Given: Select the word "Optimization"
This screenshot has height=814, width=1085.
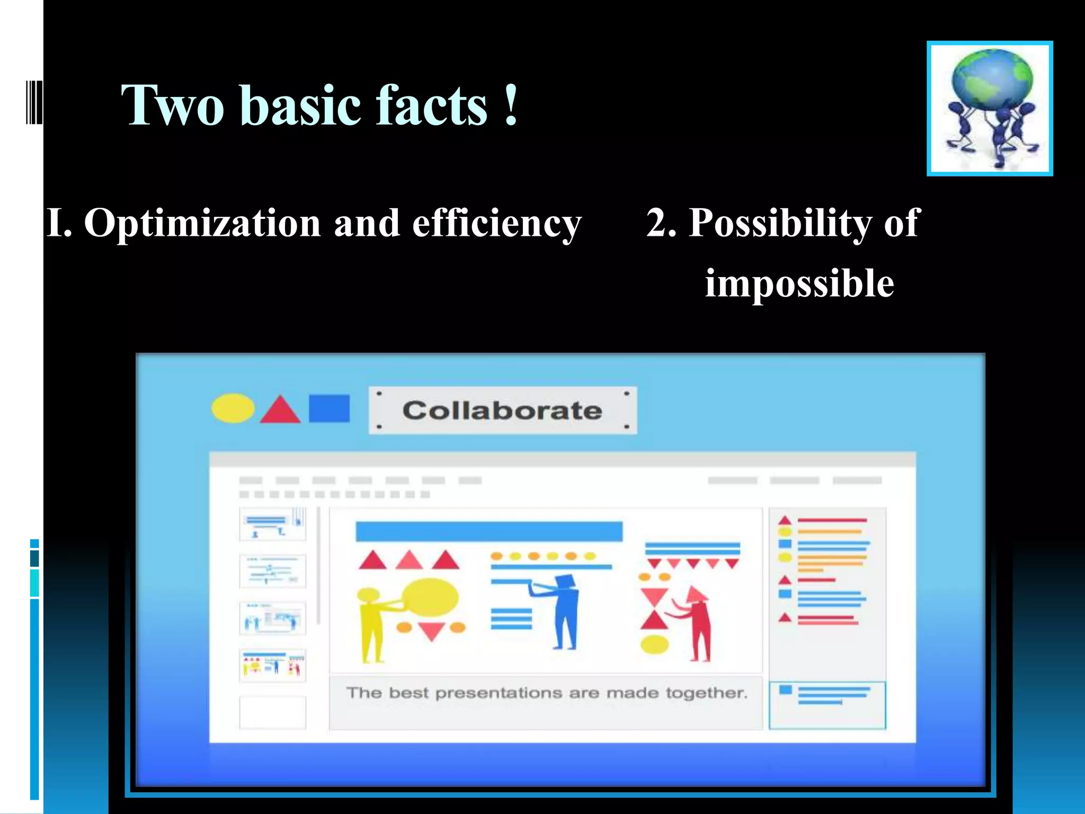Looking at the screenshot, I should (x=202, y=223).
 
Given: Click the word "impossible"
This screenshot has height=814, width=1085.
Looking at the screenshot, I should (x=799, y=284).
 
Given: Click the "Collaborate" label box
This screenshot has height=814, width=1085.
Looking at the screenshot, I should (x=502, y=410).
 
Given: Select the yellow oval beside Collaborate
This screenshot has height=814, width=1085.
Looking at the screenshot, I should (x=233, y=409).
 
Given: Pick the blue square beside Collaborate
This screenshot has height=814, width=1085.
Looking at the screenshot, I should (x=329, y=409).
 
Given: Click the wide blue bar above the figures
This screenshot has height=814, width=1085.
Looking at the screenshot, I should (x=488, y=532).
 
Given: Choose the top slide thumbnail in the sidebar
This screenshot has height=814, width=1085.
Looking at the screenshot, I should (x=272, y=524).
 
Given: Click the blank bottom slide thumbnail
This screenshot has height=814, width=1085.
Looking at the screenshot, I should (x=272, y=712).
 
